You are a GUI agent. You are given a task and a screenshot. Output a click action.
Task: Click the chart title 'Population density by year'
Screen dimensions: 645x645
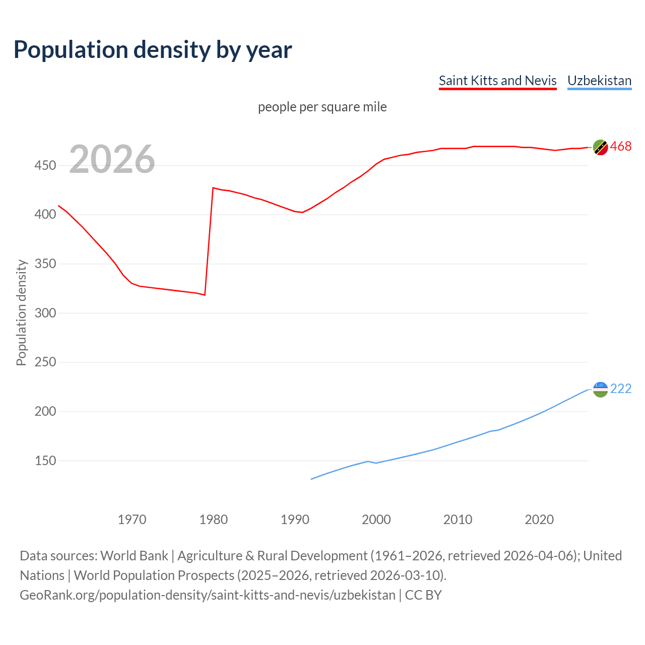(153, 49)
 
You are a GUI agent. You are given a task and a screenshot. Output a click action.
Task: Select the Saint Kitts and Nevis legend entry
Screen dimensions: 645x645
(497, 81)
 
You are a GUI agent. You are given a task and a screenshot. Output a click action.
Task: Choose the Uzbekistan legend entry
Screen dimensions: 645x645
(599, 81)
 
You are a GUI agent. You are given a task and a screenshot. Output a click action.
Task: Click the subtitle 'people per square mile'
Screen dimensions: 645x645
(322, 107)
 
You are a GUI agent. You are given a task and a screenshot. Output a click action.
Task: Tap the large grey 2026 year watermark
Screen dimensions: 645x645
(112, 159)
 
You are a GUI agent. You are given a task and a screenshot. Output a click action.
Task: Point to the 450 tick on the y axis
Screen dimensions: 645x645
(45, 165)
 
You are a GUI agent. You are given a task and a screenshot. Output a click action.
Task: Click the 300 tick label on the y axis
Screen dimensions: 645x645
(45, 313)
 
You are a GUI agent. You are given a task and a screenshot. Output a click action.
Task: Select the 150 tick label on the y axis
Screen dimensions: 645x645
(45, 461)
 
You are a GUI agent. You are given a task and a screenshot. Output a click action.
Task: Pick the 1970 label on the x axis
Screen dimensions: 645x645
(132, 520)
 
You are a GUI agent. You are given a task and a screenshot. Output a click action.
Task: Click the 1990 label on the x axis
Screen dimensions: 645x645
(295, 520)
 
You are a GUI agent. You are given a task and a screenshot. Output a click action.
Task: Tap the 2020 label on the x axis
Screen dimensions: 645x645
(539, 520)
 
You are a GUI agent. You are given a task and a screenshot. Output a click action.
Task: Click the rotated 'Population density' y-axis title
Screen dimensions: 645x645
(21, 312)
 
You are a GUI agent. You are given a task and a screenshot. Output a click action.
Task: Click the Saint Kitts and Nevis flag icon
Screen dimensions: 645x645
(600, 147)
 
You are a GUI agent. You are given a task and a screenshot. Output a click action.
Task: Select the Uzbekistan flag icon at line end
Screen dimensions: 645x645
(600, 389)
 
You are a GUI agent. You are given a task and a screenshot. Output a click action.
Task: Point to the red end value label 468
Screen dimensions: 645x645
(621, 147)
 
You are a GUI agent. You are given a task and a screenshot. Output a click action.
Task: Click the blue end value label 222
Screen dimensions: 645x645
(621, 389)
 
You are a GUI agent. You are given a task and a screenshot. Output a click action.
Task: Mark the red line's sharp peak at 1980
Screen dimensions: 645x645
(213, 188)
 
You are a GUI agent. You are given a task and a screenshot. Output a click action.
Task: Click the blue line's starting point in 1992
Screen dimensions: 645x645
(311, 479)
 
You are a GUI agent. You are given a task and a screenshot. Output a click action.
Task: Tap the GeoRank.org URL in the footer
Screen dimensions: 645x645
(208, 595)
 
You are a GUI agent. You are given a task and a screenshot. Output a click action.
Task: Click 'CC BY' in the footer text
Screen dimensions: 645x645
(423, 595)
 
